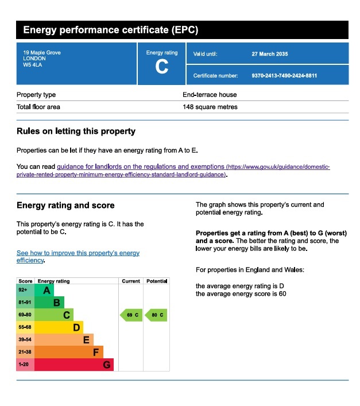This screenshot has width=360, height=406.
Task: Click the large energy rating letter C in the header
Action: [x=162, y=67]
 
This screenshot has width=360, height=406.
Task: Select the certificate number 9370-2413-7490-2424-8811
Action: [x=284, y=75]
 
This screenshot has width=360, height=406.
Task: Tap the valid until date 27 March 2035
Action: [x=270, y=54]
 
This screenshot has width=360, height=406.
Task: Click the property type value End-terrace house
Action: [x=210, y=95]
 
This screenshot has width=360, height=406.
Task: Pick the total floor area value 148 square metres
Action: [x=210, y=107]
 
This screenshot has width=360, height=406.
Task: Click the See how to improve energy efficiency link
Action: [x=78, y=256]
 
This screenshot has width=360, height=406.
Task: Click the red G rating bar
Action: [x=75, y=365]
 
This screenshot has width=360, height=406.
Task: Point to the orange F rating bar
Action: [x=69, y=352]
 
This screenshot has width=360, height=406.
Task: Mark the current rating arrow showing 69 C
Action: [x=131, y=315]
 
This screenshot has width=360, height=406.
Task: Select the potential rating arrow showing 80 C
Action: [x=156, y=315]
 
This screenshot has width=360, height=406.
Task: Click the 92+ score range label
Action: [x=24, y=290]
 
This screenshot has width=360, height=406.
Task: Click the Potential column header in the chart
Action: [x=157, y=281]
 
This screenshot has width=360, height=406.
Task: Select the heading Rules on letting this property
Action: [x=76, y=132]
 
